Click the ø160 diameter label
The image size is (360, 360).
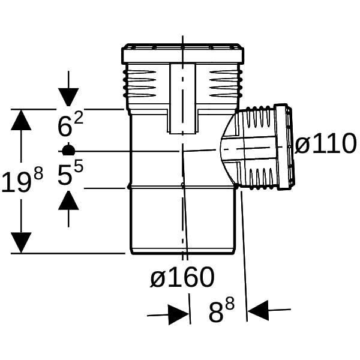(182, 277)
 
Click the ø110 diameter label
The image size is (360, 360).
(326, 144)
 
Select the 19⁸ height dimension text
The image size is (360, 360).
(22, 179)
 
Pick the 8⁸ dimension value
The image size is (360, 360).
(221, 310)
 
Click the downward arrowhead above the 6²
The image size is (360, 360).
(68, 97)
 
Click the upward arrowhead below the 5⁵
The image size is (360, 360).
(68, 200)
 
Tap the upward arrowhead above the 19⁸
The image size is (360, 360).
(21, 120)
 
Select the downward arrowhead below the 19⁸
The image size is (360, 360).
(21, 242)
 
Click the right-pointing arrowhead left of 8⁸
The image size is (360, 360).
(179, 315)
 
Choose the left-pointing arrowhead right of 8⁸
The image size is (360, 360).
(258, 310)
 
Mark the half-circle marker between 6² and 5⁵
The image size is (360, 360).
(68, 149)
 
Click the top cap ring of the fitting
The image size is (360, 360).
(182, 53)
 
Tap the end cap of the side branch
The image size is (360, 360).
(284, 147)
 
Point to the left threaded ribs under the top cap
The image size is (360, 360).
(140, 84)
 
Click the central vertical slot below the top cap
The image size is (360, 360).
(183, 99)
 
